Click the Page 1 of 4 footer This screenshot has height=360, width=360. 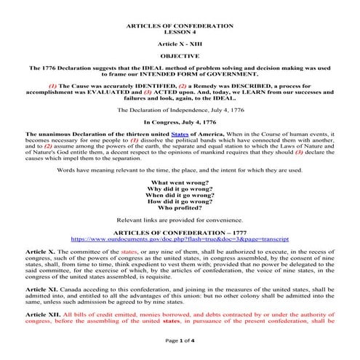[x=179, y=351]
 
